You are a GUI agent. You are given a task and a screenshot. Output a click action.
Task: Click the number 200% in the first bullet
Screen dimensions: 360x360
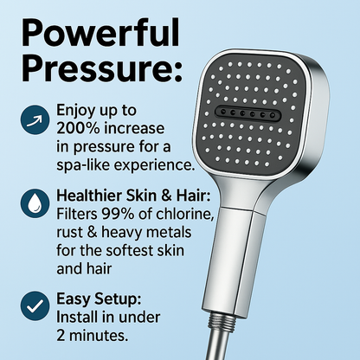[80, 127]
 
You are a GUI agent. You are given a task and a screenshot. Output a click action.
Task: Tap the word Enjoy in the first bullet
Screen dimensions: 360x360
[79, 111]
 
